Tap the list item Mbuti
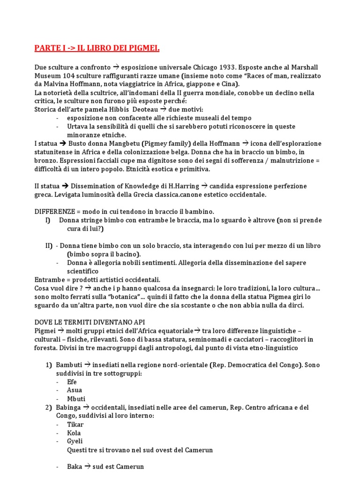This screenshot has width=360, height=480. tap(76, 399)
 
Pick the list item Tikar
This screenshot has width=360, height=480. tap(75, 425)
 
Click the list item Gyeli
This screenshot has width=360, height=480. tap(75, 442)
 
